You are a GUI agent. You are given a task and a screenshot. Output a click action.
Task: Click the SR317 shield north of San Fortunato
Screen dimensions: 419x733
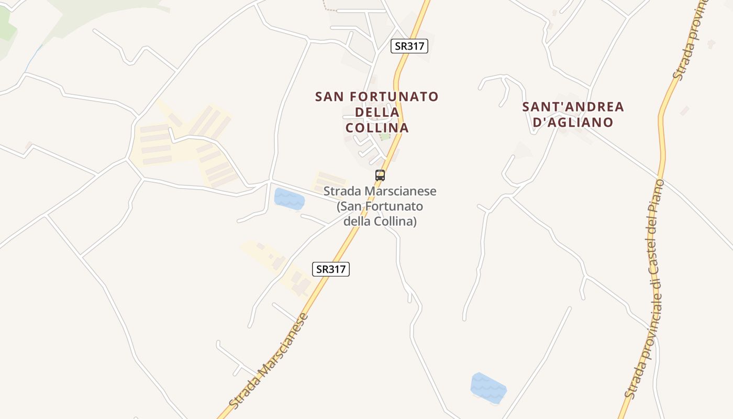coord(409,46)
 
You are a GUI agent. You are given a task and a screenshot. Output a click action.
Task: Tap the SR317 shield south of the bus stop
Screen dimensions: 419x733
coord(331,269)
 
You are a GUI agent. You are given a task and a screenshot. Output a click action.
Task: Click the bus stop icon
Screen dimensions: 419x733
coord(380,175)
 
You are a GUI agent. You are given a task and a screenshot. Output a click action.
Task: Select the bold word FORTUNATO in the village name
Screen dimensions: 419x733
coord(394,97)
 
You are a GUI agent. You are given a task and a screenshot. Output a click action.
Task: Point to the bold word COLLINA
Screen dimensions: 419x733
coord(377,128)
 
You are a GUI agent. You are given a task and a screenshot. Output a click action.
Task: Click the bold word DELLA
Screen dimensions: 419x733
coord(377,112)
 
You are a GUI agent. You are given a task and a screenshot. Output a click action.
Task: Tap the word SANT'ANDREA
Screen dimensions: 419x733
coord(573,107)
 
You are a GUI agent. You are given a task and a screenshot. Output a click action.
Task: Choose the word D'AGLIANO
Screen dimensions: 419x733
coord(573,123)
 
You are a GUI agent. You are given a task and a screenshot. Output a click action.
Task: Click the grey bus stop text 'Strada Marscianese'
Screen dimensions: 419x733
coord(380,192)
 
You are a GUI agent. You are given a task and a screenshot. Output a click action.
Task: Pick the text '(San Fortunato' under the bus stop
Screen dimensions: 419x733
coord(380,206)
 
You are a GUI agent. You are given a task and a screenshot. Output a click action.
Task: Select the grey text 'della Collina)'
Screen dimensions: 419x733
coord(380,222)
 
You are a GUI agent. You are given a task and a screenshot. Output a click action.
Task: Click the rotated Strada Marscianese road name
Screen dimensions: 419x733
coord(269,361)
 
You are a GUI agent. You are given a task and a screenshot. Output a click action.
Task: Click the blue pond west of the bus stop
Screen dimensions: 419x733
coord(289,199)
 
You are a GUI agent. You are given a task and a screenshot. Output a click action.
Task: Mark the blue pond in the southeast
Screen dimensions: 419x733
coord(488,388)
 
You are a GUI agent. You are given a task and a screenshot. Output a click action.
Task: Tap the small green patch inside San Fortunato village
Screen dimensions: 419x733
coord(385,137)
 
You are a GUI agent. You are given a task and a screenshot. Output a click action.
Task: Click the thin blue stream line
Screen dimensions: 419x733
coord(32,58)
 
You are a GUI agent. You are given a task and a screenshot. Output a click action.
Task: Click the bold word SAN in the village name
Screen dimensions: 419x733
coord(330,97)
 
